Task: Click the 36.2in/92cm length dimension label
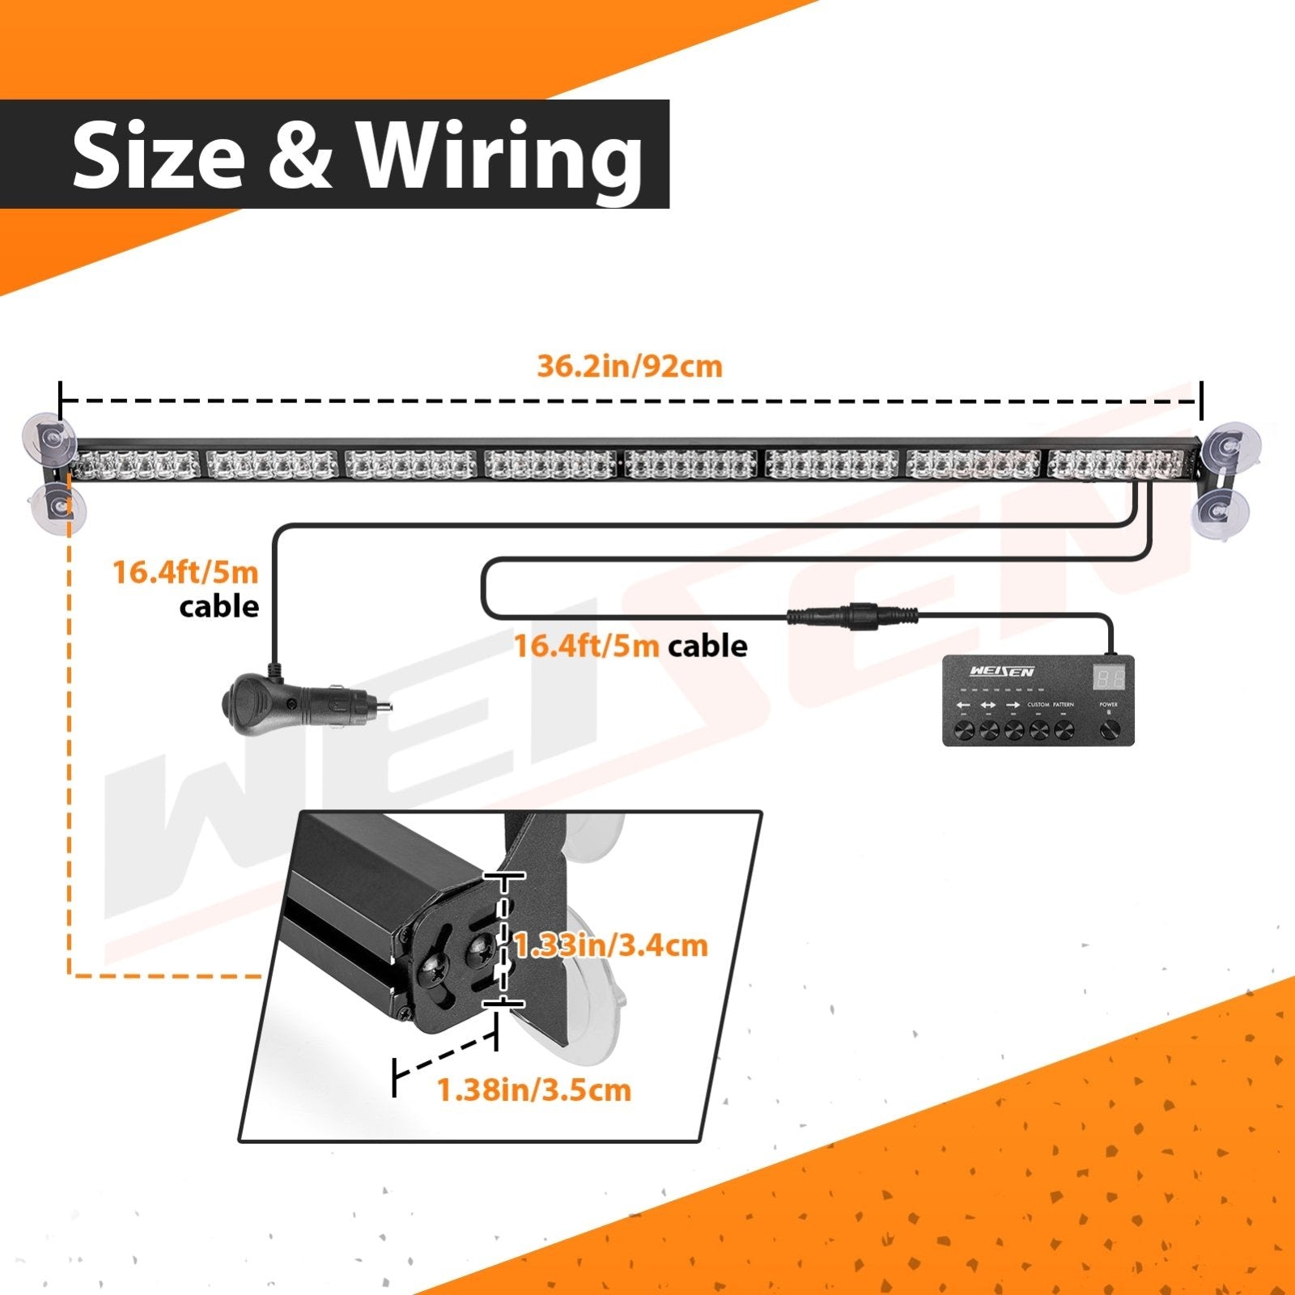click(x=629, y=367)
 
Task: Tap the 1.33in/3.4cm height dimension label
click(x=611, y=945)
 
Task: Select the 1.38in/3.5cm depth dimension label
click(x=534, y=1090)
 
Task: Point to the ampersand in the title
click(x=299, y=154)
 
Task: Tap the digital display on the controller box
click(x=1108, y=677)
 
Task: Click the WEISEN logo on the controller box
click(x=1001, y=672)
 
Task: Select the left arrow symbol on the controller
click(x=963, y=706)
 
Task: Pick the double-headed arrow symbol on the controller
click(x=988, y=706)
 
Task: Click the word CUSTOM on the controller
click(x=1038, y=705)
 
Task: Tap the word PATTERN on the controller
click(x=1064, y=705)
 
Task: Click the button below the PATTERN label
click(x=1064, y=731)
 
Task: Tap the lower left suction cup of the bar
click(x=57, y=507)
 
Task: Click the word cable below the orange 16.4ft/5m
click(x=219, y=607)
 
